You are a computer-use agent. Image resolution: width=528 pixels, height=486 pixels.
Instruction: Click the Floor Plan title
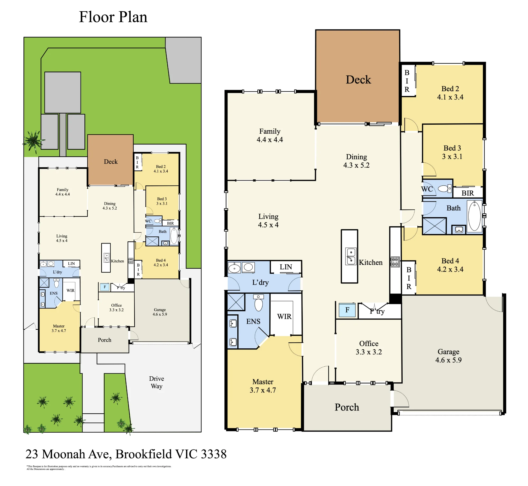pyautogui.click(x=113, y=17)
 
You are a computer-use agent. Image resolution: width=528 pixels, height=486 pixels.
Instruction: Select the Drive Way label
pyautogui.click(x=157, y=382)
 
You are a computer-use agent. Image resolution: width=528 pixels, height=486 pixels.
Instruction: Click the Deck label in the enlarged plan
pyautogui.click(x=358, y=80)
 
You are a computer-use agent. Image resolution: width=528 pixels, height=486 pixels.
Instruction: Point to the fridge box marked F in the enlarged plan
pyautogui.click(x=347, y=310)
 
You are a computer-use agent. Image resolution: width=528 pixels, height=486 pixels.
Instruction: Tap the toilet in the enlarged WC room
pyautogui.click(x=445, y=189)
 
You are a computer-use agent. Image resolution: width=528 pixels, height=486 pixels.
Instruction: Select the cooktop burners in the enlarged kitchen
pyautogui.click(x=395, y=262)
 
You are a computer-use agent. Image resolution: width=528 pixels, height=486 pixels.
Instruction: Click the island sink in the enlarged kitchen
pyautogui.click(x=351, y=256)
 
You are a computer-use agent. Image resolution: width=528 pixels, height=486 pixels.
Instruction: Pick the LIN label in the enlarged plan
pyautogui.click(x=286, y=267)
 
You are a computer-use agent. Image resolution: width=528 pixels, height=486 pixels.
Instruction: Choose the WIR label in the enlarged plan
pyautogui.click(x=284, y=316)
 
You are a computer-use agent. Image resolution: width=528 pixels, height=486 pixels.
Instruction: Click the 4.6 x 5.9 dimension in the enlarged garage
pyautogui.click(x=448, y=360)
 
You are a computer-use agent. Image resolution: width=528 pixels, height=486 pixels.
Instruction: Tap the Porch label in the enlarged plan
pyautogui.click(x=347, y=407)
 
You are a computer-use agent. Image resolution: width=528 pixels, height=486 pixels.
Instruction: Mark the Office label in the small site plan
pyautogui.click(x=116, y=305)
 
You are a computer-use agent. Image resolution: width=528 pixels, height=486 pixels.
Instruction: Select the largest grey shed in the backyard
pyautogui.click(x=63, y=92)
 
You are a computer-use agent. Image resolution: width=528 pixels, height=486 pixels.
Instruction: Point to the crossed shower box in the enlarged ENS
pyautogui.click(x=236, y=302)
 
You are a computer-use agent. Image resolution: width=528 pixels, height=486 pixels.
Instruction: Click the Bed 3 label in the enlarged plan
pyautogui.click(x=452, y=148)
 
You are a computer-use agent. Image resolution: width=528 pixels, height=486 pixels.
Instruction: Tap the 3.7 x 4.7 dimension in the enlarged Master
pyautogui.click(x=263, y=390)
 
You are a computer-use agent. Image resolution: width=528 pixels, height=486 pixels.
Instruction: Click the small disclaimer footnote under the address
pyautogui.click(x=99, y=468)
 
